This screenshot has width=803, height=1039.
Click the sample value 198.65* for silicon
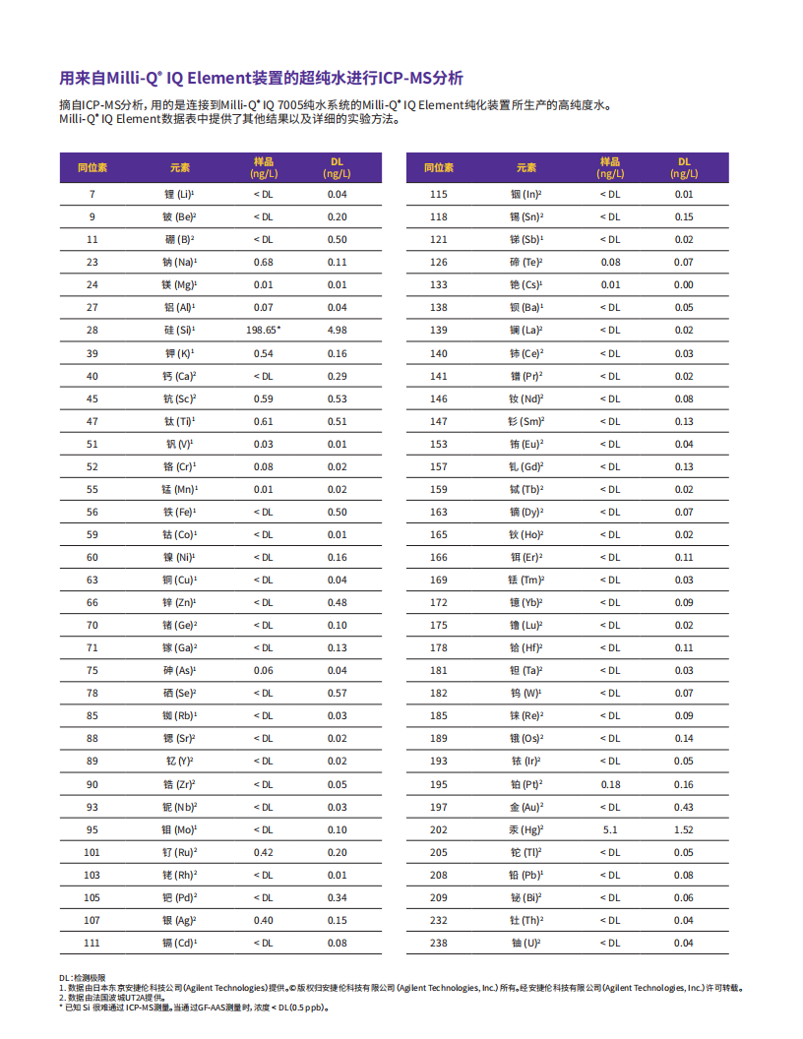coord(264,331)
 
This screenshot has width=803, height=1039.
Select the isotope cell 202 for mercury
coord(439,829)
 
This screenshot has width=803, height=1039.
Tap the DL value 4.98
coord(338,331)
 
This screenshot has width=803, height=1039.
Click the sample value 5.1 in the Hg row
coord(610,829)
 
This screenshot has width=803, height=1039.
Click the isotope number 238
coord(439,944)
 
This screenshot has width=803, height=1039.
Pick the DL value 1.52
coord(684,829)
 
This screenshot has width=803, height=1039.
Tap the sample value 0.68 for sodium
coord(264,263)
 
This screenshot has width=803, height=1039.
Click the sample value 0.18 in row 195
coord(610,784)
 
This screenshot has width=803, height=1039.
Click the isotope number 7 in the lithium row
coord(93,195)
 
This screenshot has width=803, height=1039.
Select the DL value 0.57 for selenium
coord(338,694)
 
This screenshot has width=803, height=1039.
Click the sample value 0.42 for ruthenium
coord(264,852)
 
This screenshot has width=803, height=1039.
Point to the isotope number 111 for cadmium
coord(93,944)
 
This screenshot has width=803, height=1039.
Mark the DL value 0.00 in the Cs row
coord(684,285)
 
